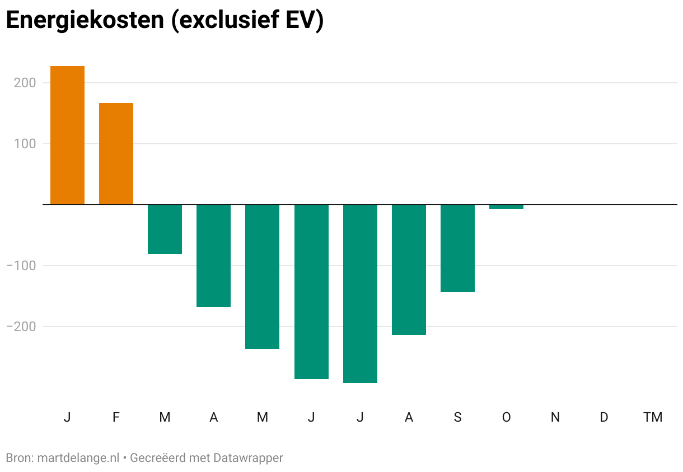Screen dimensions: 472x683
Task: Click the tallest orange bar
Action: tap(67, 135)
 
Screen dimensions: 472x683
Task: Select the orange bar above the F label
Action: tap(116, 154)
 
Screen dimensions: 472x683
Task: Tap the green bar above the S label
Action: tap(457, 248)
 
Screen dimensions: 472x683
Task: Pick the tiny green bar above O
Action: tap(506, 207)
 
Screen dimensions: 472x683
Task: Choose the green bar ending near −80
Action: tap(165, 229)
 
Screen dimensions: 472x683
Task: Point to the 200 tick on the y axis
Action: tap(25, 83)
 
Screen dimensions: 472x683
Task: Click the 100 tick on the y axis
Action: tap(25, 144)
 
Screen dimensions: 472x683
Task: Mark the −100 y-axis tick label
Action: tap(21, 266)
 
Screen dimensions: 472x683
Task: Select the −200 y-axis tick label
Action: tap(21, 327)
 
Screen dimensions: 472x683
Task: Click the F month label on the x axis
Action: tap(116, 417)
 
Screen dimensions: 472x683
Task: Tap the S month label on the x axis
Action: tap(457, 417)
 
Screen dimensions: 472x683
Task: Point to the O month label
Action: tap(506, 417)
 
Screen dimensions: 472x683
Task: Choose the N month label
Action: tap(555, 417)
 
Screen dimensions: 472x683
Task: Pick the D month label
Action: tap(604, 417)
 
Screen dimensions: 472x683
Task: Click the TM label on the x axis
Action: tap(653, 417)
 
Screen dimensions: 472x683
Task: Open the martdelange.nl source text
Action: tap(78, 458)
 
